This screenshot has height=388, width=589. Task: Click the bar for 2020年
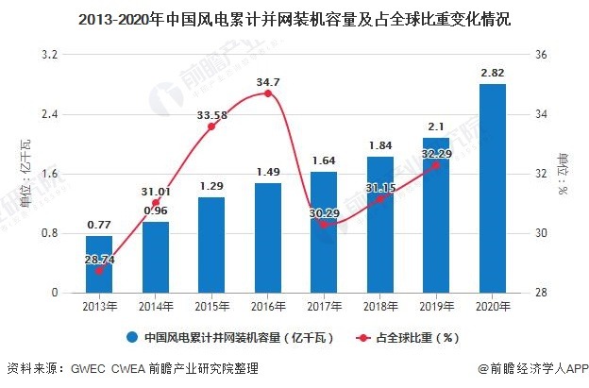pyautogui.click(x=492, y=189)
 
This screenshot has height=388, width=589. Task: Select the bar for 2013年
pyautogui.click(x=99, y=264)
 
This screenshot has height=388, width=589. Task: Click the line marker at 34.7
pyautogui.click(x=268, y=93)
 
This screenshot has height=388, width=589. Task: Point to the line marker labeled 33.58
pyautogui.click(x=211, y=127)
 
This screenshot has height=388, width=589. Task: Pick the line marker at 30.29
pyautogui.click(x=324, y=225)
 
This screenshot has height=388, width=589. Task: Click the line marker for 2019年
pyautogui.click(x=436, y=165)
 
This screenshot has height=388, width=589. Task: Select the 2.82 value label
pyautogui.click(x=492, y=73)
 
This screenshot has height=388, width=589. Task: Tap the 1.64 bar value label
pyautogui.click(x=324, y=160)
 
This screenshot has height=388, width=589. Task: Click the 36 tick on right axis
pyautogui.click(x=540, y=55)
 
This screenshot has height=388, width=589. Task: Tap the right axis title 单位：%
pyautogui.click(x=563, y=173)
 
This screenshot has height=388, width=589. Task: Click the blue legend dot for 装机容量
pyautogui.click(x=128, y=337)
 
